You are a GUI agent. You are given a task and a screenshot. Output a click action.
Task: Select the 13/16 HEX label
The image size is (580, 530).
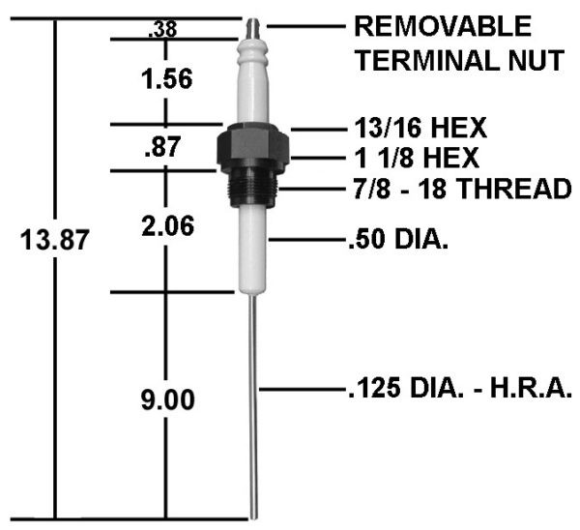tap(419, 127)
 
